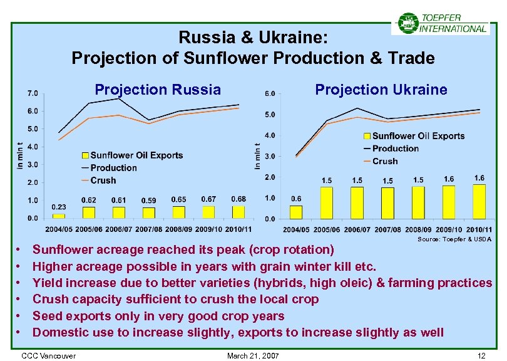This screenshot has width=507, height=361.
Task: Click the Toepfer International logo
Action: click(x=441, y=23)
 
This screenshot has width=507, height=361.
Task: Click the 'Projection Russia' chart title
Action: click(x=157, y=90)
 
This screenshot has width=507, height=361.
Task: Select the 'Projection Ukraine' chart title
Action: click(x=381, y=90)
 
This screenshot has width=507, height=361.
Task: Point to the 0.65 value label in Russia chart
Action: click(x=178, y=200)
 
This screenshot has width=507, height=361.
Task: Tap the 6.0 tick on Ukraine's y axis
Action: click(x=270, y=94)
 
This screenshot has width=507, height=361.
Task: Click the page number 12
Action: click(x=481, y=356)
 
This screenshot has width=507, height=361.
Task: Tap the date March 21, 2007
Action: click(x=253, y=356)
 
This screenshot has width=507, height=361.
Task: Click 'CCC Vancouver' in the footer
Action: click(x=48, y=356)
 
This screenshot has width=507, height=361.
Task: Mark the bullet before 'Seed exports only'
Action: click(x=20, y=316)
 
